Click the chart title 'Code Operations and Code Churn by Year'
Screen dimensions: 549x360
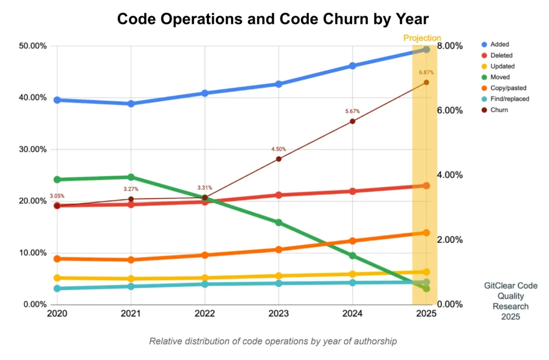coord(273,19)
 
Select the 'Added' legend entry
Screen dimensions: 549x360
coord(495,44)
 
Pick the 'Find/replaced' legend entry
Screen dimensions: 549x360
coord(506,99)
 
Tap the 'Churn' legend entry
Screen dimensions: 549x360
coord(495,110)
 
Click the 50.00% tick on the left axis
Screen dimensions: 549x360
coord(33,46)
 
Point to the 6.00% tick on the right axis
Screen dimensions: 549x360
coord(450,110)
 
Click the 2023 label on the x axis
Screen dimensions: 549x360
coord(279,313)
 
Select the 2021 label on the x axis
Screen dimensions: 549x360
coord(131,313)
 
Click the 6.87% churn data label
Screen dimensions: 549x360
coord(426,72)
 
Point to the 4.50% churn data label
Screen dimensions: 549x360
coord(279,149)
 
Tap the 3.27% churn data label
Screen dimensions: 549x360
coord(131,189)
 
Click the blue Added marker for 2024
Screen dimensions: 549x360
coord(353,66)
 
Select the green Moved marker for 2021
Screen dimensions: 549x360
coord(131,177)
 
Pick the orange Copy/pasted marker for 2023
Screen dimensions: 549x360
coord(279,250)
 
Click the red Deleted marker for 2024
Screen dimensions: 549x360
coord(353,191)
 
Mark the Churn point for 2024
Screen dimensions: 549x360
coord(353,122)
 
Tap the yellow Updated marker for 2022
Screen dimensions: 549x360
coord(205,278)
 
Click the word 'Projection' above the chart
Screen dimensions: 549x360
coord(422,38)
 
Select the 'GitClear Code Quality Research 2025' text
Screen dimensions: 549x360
coord(510,301)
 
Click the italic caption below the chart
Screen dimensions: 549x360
coord(273,341)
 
